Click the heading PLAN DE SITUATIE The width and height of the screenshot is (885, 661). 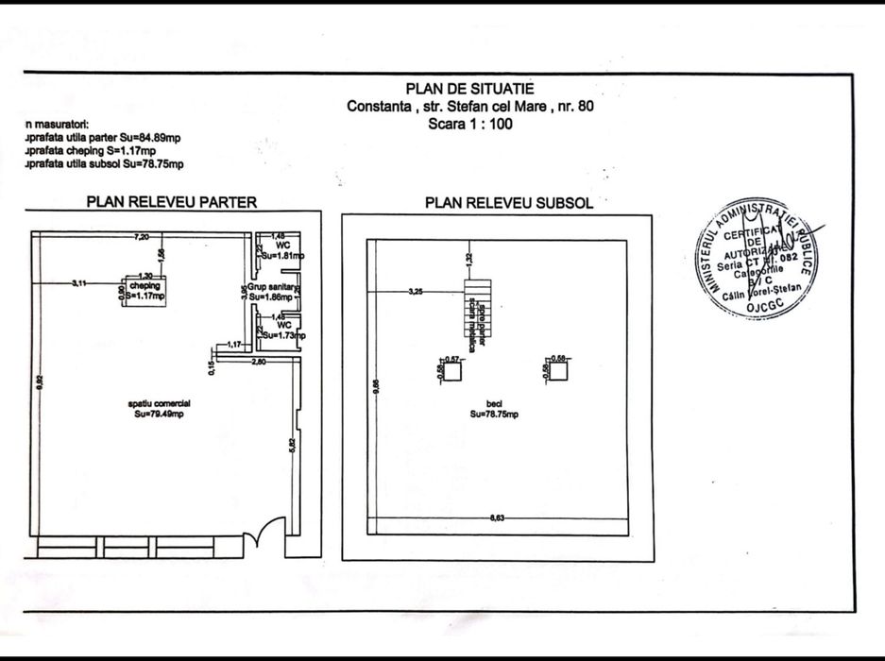(470, 89)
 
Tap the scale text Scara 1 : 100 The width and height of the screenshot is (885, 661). (470, 124)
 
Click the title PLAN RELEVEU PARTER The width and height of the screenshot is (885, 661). (172, 201)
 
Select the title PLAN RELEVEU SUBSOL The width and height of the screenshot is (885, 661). (509, 202)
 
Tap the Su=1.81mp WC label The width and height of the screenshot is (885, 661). (282, 250)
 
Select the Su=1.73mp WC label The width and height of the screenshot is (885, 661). (282, 330)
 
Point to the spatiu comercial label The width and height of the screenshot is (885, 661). (160, 408)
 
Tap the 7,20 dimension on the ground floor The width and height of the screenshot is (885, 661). (143, 235)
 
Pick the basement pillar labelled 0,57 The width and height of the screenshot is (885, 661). (451, 370)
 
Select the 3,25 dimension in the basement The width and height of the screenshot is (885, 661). (417, 292)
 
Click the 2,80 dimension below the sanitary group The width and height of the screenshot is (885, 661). (260, 362)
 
